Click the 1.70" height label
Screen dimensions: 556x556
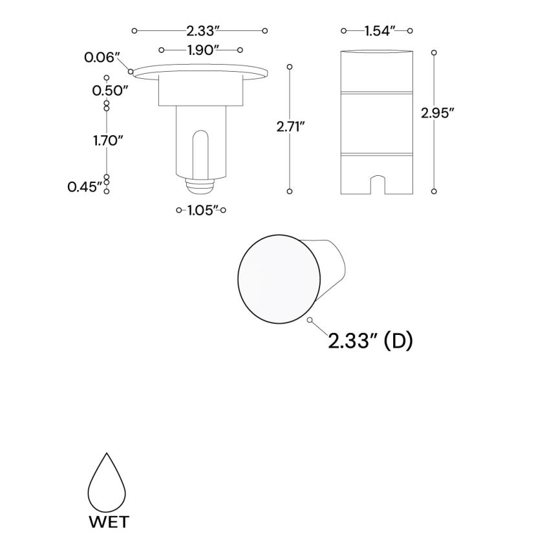click(x=108, y=140)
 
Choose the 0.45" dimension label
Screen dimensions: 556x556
click(x=85, y=187)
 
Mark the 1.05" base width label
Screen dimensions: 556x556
click(x=201, y=210)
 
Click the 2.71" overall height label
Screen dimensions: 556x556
click(x=290, y=127)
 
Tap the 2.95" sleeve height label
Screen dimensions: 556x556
click(x=438, y=112)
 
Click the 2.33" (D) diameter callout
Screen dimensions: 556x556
click(x=370, y=341)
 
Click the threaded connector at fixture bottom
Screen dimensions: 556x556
click(x=200, y=186)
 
